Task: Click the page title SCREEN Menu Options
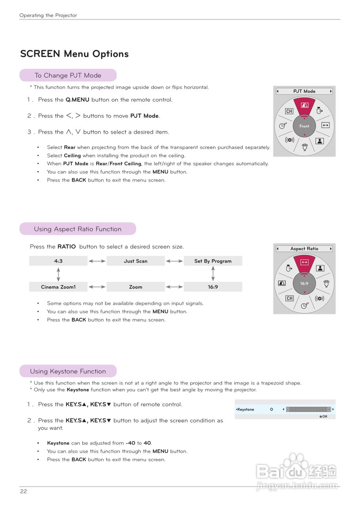point(74,54)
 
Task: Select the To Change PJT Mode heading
point(68,75)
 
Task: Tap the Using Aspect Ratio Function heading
point(78,229)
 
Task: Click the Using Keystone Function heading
point(68,371)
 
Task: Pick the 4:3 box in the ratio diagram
point(58,261)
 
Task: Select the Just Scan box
point(135,261)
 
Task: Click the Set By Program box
point(213,261)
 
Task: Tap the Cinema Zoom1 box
point(58,287)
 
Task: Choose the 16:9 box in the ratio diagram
point(213,287)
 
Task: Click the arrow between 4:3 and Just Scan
point(97,261)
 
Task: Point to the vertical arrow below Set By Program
point(213,274)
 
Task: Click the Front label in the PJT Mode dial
point(304,126)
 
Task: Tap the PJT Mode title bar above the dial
point(304,91)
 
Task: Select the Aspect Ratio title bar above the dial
point(304,249)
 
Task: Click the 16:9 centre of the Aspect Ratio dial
point(304,283)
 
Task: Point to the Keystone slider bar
point(308,409)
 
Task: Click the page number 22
point(24,491)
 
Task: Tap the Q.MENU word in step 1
point(77,100)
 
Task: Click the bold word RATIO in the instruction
point(66,247)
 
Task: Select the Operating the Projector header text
point(48,15)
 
